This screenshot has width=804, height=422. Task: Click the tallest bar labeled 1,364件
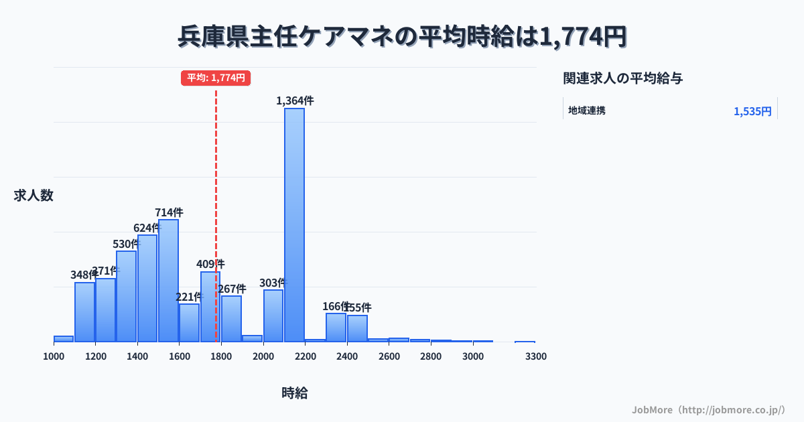294,224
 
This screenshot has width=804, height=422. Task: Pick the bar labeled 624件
147,288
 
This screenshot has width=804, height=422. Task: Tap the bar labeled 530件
126,296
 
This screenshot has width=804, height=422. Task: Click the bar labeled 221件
189,323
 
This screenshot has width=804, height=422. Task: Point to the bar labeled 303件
273,315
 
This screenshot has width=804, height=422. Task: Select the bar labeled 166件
336,328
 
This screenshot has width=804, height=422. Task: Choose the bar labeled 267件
231,319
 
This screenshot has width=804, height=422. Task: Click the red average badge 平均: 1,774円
216,78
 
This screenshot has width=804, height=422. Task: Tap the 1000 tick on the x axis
54,356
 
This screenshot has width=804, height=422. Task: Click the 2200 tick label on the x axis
305,356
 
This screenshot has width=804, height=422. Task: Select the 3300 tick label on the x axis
536,356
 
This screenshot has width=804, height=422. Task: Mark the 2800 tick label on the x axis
431,356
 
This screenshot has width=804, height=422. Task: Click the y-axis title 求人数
33,196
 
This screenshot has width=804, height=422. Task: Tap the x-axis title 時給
295,393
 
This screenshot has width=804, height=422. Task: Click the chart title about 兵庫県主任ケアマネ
402,37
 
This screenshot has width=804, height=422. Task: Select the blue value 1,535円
752,111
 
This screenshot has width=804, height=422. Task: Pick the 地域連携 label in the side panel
587,111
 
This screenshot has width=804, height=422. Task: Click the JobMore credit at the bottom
708,409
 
